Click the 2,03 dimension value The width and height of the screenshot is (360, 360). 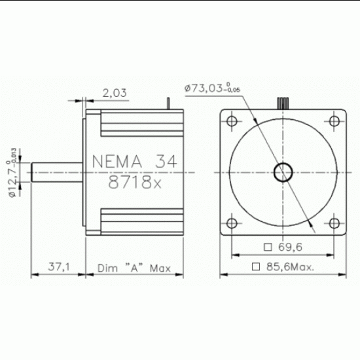tap(115, 93)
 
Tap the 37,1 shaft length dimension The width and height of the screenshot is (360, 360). tap(60, 268)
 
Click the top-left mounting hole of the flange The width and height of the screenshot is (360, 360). tap(232, 121)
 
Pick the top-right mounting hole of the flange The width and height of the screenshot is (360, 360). tap(334, 121)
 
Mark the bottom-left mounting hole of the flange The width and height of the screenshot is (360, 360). tap(232, 223)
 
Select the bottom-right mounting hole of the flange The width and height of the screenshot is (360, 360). tap(334, 223)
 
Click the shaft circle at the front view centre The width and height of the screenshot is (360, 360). tap(283, 172)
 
